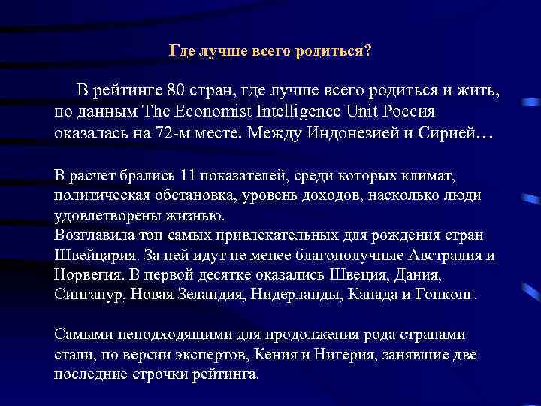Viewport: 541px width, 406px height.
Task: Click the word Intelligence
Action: pos(277,112)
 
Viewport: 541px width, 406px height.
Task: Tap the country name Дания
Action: pos(370,274)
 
